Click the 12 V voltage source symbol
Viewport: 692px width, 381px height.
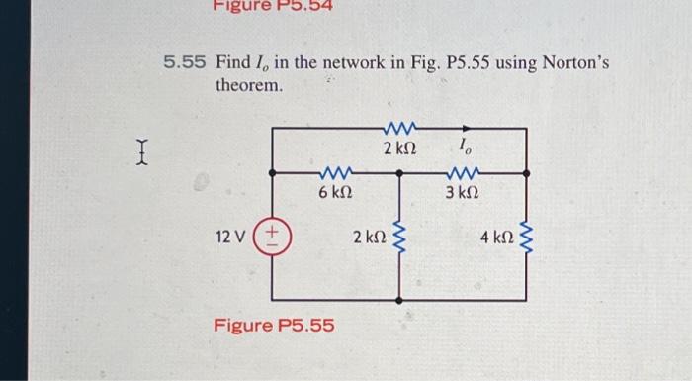273,238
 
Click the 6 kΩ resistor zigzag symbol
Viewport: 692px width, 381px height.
335,171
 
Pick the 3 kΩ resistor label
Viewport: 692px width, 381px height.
464,192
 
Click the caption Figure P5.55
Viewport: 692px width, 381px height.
275,326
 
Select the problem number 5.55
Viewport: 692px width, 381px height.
185,63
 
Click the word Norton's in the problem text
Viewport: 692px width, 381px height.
577,63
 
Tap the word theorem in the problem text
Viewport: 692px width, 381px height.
249,86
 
